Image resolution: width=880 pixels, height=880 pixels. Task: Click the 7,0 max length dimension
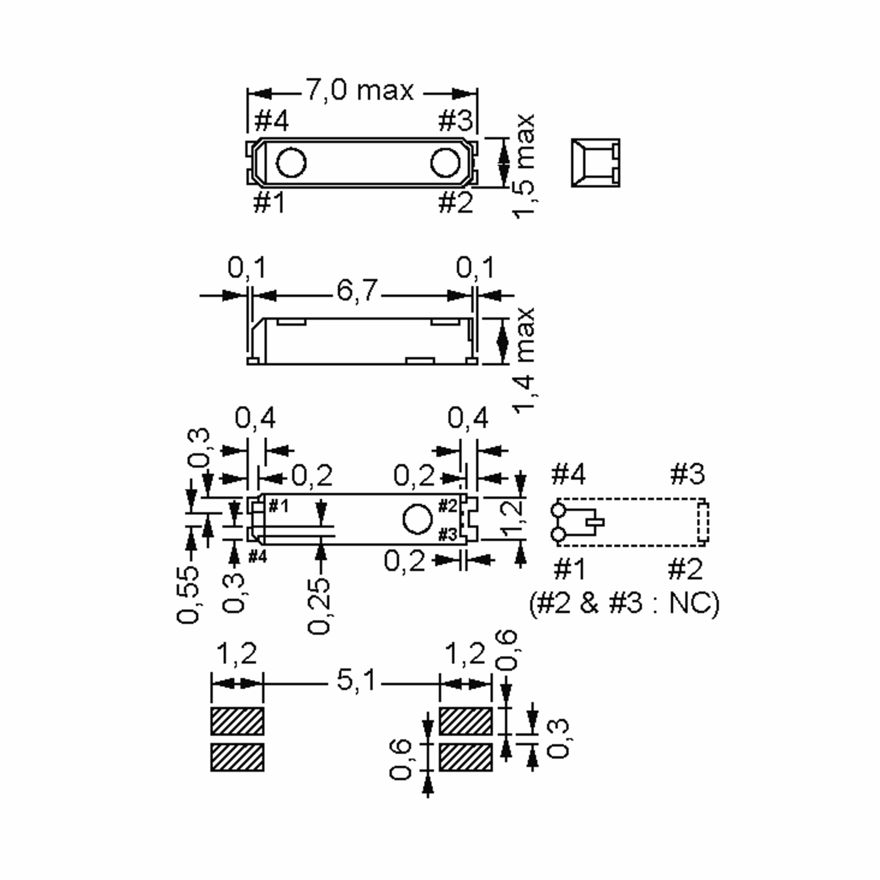coord(359,91)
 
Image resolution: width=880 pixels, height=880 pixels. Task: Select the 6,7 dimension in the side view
coord(357,291)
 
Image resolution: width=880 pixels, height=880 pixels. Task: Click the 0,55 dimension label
coord(188,594)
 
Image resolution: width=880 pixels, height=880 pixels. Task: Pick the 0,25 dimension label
coord(319,606)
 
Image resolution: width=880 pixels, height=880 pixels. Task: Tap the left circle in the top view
coord(291,162)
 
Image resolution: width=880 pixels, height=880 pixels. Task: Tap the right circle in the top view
coord(445,162)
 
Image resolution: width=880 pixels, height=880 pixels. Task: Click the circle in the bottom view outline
coord(417,520)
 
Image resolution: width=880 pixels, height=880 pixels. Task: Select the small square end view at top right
coord(595,162)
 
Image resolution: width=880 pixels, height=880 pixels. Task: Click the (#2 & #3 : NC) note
coord(624,604)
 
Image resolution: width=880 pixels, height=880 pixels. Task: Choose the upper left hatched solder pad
coord(237,721)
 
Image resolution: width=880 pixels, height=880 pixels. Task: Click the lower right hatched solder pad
coord(466,758)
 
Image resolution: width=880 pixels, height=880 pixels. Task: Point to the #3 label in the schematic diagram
coord(687,474)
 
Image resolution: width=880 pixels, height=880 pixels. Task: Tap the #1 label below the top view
coord(269,202)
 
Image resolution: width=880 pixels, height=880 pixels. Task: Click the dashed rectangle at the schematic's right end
coord(703,522)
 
